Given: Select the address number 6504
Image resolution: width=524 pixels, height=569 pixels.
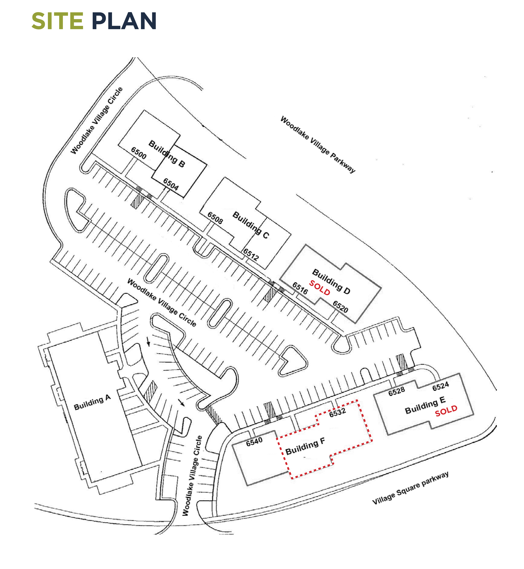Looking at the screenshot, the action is (171, 184).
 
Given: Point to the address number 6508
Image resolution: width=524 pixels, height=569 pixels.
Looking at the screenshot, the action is (215, 218).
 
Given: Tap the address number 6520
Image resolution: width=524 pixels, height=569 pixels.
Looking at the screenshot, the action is (340, 306).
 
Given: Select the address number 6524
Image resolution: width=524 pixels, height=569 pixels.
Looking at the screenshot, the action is (440, 386).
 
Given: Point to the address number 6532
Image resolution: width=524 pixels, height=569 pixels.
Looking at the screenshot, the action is (337, 412).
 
